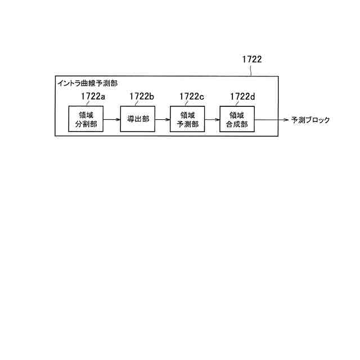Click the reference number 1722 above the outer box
(x=252, y=58)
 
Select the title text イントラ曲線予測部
(x=88, y=83)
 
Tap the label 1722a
(x=93, y=96)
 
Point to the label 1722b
(x=142, y=96)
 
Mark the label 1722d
(x=242, y=96)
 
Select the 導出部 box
(x=138, y=119)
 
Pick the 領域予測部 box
(x=187, y=119)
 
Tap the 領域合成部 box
(x=237, y=119)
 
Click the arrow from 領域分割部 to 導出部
(x=112, y=119)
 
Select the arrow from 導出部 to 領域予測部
(x=163, y=119)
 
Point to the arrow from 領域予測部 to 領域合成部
(x=212, y=119)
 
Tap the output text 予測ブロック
(x=310, y=120)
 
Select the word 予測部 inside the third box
(x=187, y=124)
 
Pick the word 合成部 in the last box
(x=237, y=124)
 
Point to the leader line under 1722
(x=250, y=70)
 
